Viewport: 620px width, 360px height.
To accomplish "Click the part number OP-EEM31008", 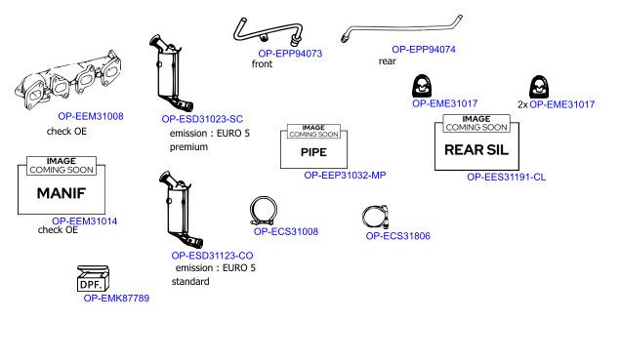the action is (91, 116).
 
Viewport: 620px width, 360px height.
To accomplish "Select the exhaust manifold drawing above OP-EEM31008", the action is (67, 79).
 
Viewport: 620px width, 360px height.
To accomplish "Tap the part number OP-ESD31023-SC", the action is (202, 119).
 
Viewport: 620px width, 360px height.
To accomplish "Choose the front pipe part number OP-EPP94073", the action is (290, 54).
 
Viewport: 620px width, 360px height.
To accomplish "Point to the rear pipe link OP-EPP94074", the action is (424, 50).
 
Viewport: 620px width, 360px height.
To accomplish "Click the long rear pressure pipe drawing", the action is (401, 28).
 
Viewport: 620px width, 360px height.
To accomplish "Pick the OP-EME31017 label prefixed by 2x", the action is (561, 104).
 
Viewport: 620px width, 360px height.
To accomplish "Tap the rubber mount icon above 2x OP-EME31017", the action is (539, 87).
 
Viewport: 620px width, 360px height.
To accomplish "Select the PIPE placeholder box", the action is (313, 146).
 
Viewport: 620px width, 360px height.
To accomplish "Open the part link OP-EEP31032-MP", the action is (345, 175).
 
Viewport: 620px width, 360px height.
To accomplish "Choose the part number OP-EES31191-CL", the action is (506, 177).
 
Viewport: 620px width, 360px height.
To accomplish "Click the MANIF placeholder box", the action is (62, 185).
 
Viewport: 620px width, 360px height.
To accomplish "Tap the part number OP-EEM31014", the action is (84, 221).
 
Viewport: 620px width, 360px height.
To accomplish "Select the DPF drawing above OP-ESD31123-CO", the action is (181, 210).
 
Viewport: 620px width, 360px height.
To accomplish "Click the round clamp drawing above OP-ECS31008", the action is (264, 210).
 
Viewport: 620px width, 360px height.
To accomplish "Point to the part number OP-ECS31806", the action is (397, 236).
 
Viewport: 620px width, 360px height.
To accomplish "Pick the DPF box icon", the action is (93, 278).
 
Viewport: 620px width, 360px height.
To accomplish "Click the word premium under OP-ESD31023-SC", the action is (188, 147).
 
